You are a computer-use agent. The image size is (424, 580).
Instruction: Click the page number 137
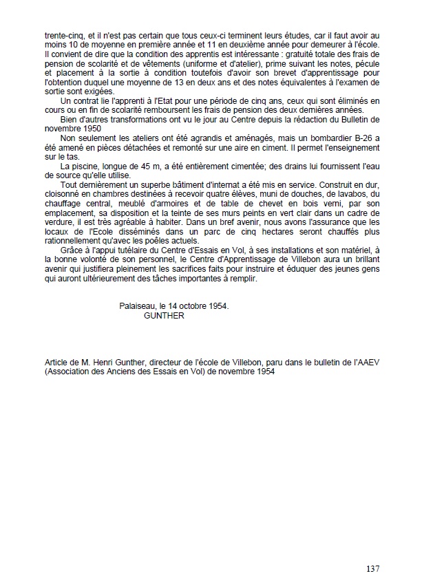372,568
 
